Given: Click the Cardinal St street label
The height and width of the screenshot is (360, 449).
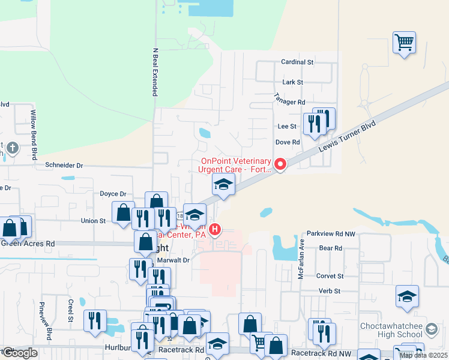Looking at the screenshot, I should coord(298,62).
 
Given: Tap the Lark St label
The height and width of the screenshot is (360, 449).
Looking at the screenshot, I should coord(293,82).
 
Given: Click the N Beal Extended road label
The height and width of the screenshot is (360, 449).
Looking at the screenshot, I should coord(155,72).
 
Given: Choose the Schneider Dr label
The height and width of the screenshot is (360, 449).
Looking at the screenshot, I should coord(64,164).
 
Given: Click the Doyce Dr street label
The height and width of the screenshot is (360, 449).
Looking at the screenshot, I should coord(113,194).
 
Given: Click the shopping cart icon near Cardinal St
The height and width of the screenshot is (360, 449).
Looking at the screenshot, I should coord(405,42).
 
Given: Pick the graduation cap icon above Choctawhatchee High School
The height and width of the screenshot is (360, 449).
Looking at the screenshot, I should coord(407,296).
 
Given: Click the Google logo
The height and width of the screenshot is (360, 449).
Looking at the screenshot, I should coord(19,353).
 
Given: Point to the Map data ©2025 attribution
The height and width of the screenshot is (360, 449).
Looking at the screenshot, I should coord(423,355).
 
